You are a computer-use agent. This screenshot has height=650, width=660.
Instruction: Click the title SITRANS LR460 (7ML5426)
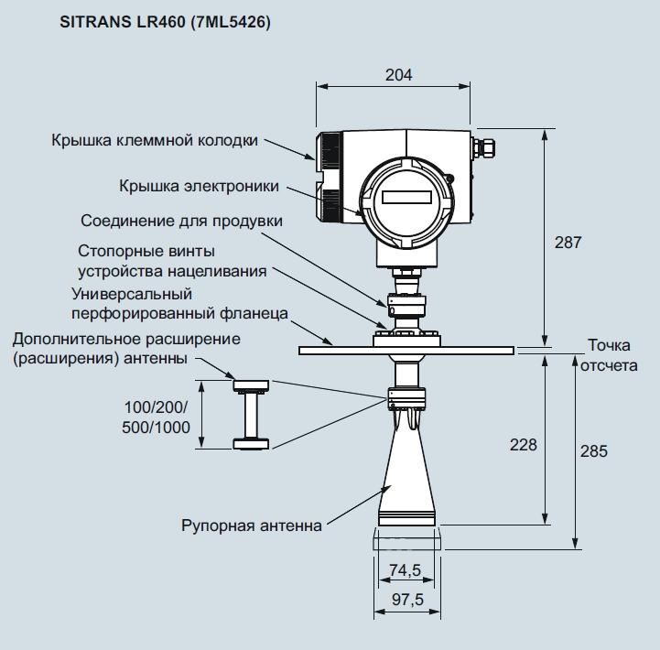tap(165, 20)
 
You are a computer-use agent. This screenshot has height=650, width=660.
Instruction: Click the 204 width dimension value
tap(398, 75)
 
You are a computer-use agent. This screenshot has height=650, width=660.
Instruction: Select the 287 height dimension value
tap(568, 243)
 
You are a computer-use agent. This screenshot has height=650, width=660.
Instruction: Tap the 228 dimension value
tap(524, 445)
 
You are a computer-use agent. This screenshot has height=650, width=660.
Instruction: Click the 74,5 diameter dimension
tap(405, 570)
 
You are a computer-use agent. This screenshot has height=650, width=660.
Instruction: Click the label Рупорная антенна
tap(252, 525)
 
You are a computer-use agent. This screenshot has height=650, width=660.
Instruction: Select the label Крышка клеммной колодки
tap(155, 140)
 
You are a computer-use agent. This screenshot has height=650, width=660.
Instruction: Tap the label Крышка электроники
tap(199, 186)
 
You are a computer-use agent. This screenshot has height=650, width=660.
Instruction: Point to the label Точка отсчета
tap(611, 354)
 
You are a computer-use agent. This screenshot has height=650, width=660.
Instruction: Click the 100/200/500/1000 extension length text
tap(157, 417)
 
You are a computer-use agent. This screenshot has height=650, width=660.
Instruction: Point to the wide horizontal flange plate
tap(406, 349)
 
